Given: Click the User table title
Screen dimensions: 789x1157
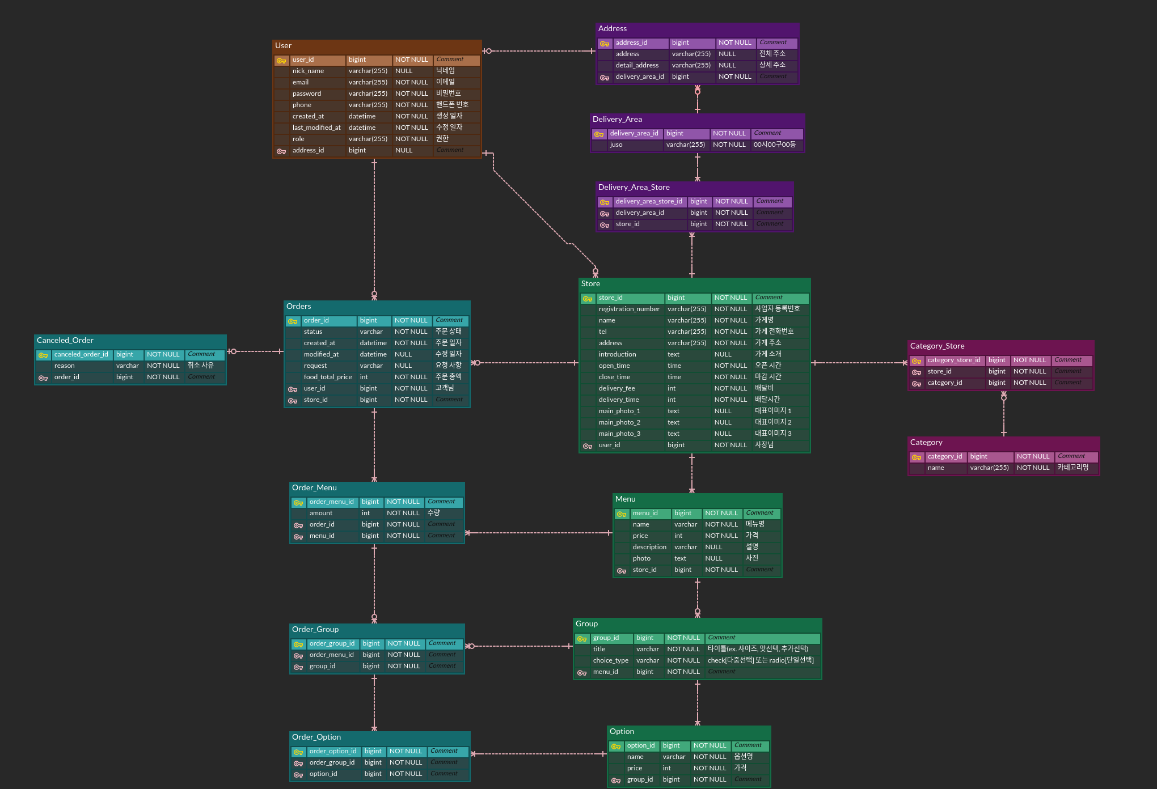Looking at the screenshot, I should pos(283,46).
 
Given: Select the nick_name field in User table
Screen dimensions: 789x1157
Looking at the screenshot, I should pos(308,71).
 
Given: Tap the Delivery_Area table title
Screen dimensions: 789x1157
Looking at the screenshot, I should pos(617,120).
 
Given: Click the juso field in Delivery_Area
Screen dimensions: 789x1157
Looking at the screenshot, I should pos(616,145).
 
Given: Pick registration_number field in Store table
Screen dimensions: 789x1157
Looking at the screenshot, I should pos(628,309).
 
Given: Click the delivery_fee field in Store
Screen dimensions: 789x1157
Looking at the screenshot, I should pos(616,389).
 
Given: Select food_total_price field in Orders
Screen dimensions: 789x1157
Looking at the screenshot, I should pos(327,377).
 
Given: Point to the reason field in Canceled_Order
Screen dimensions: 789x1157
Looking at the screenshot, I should pos(64,366).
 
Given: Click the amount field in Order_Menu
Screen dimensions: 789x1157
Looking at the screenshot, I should pos(320,514).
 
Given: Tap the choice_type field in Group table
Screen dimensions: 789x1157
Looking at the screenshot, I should pos(610,661).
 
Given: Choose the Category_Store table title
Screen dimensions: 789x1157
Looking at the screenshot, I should pos(937,346).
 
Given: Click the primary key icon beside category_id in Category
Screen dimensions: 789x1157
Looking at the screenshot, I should pos(916,457).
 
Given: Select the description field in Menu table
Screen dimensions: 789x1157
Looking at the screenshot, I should pos(649,548).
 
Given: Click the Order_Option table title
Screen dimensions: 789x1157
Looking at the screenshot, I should pos(316,737).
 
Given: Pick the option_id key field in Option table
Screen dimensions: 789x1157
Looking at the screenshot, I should pos(640,746).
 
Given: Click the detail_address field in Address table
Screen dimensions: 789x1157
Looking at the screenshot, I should pos(637,66).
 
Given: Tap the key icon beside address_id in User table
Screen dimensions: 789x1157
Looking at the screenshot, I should pos(281,151).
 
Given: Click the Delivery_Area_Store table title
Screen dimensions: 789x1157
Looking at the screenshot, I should pos(634,188).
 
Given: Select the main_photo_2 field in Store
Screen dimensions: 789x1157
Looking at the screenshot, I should pos(619,423).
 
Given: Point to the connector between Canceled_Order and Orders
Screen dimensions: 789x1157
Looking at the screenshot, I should pos(255,351).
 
